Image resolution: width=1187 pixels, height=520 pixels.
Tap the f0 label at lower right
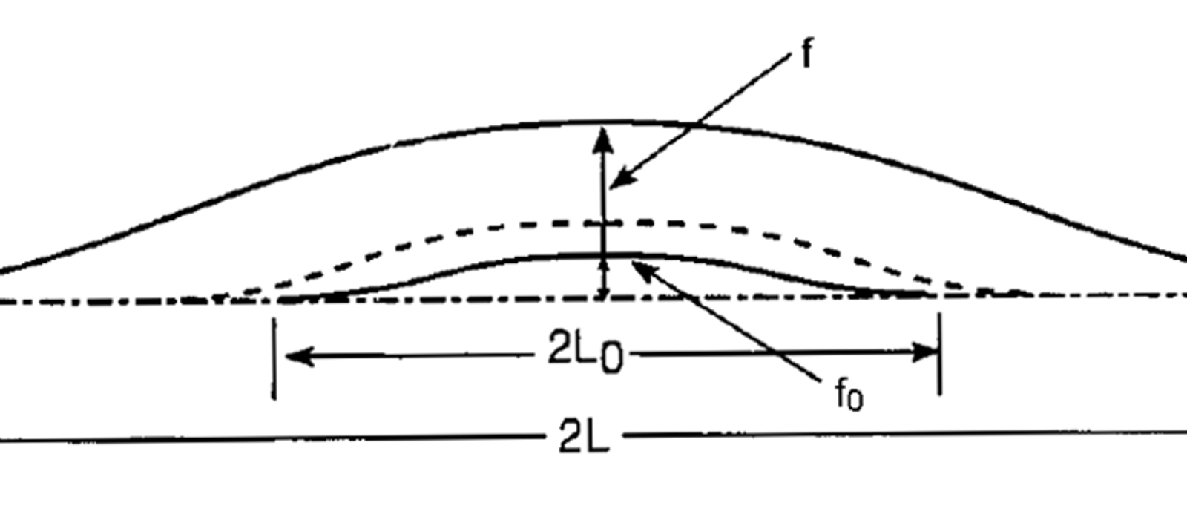(x=849, y=395)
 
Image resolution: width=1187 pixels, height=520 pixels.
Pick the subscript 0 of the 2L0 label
(x=611, y=360)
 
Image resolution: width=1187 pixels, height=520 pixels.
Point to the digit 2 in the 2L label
(x=571, y=435)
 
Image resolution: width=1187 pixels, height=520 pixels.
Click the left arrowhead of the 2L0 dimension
(x=300, y=356)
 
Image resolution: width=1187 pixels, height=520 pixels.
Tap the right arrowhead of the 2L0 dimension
(x=924, y=352)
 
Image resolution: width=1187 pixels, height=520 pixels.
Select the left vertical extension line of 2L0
(x=274, y=358)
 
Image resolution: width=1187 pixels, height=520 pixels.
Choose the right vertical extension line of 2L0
(x=939, y=354)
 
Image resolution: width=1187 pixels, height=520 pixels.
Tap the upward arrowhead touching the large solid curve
(x=602, y=140)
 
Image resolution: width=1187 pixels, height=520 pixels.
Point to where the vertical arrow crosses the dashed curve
(x=603, y=223)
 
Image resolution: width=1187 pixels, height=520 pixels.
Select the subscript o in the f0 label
(x=854, y=401)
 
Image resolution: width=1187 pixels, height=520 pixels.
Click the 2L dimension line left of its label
(x=270, y=438)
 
